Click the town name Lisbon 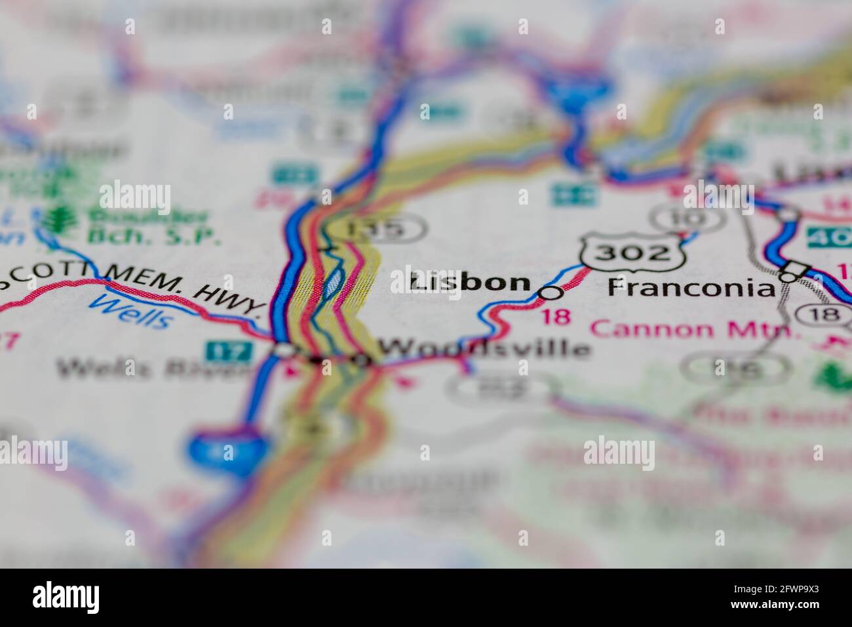coord(470,283)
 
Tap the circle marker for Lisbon coord(551,293)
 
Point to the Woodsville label coord(484,348)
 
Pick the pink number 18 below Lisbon coord(556,317)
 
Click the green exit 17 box coord(229,351)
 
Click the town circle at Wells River coord(284,351)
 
